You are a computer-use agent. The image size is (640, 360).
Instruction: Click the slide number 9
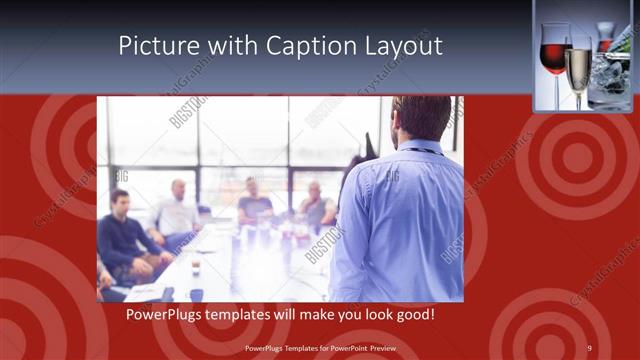point(589,348)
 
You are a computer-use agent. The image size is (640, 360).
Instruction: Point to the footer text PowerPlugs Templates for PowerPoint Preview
point(320,348)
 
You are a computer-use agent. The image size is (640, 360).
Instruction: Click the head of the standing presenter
point(421,117)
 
